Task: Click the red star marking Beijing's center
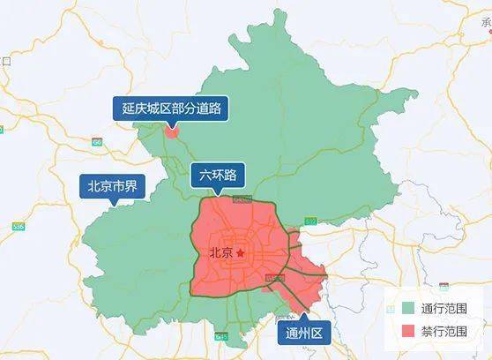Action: tap(239, 253)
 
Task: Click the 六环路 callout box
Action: tap(218, 174)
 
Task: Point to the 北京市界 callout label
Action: tap(110, 186)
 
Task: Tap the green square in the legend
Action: tap(406, 309)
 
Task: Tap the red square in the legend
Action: tap(406, 331)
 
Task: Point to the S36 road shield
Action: tap(19, 227)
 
